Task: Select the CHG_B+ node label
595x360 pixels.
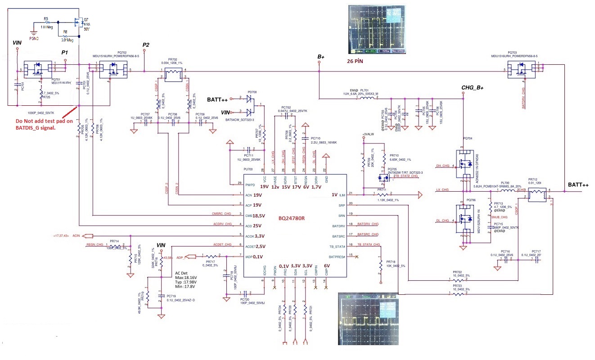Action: pos(472,87)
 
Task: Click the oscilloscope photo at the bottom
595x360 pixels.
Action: pos(368,319)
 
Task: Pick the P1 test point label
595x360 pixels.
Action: pos(65,53)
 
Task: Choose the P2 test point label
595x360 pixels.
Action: pos(145,45)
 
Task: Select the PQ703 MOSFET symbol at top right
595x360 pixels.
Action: pos(522,70)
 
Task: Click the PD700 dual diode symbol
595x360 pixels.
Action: pos(250,105)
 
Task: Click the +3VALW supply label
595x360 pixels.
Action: pos(367,134)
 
